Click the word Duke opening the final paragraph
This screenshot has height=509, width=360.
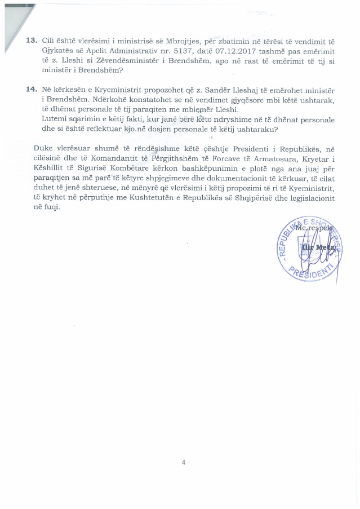pos(43,148)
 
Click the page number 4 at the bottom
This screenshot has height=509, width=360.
pos(183,462)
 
